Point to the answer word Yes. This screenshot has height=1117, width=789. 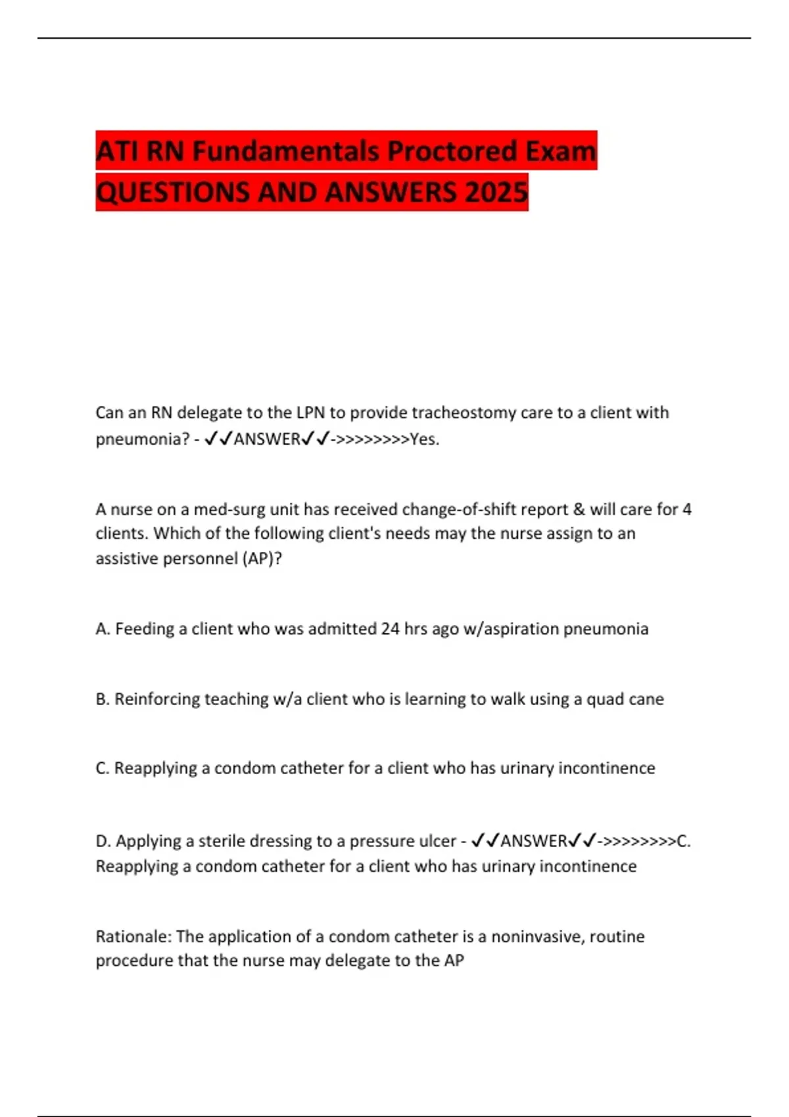point(424,439)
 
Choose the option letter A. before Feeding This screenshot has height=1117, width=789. point(103,629)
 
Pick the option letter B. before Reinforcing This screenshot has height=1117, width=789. point(103,699)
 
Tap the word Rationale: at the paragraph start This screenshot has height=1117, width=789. point(133,936)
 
